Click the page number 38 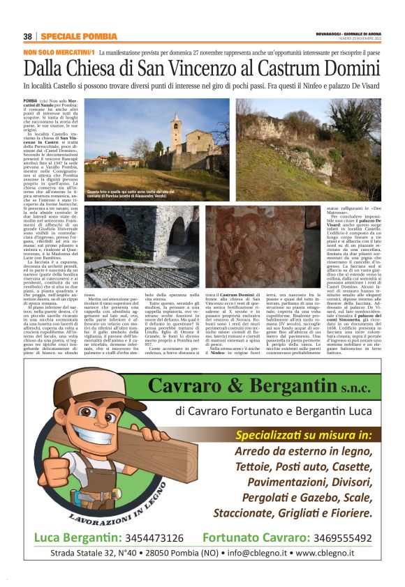click(28, 36)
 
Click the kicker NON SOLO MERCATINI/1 click(59, 52)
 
